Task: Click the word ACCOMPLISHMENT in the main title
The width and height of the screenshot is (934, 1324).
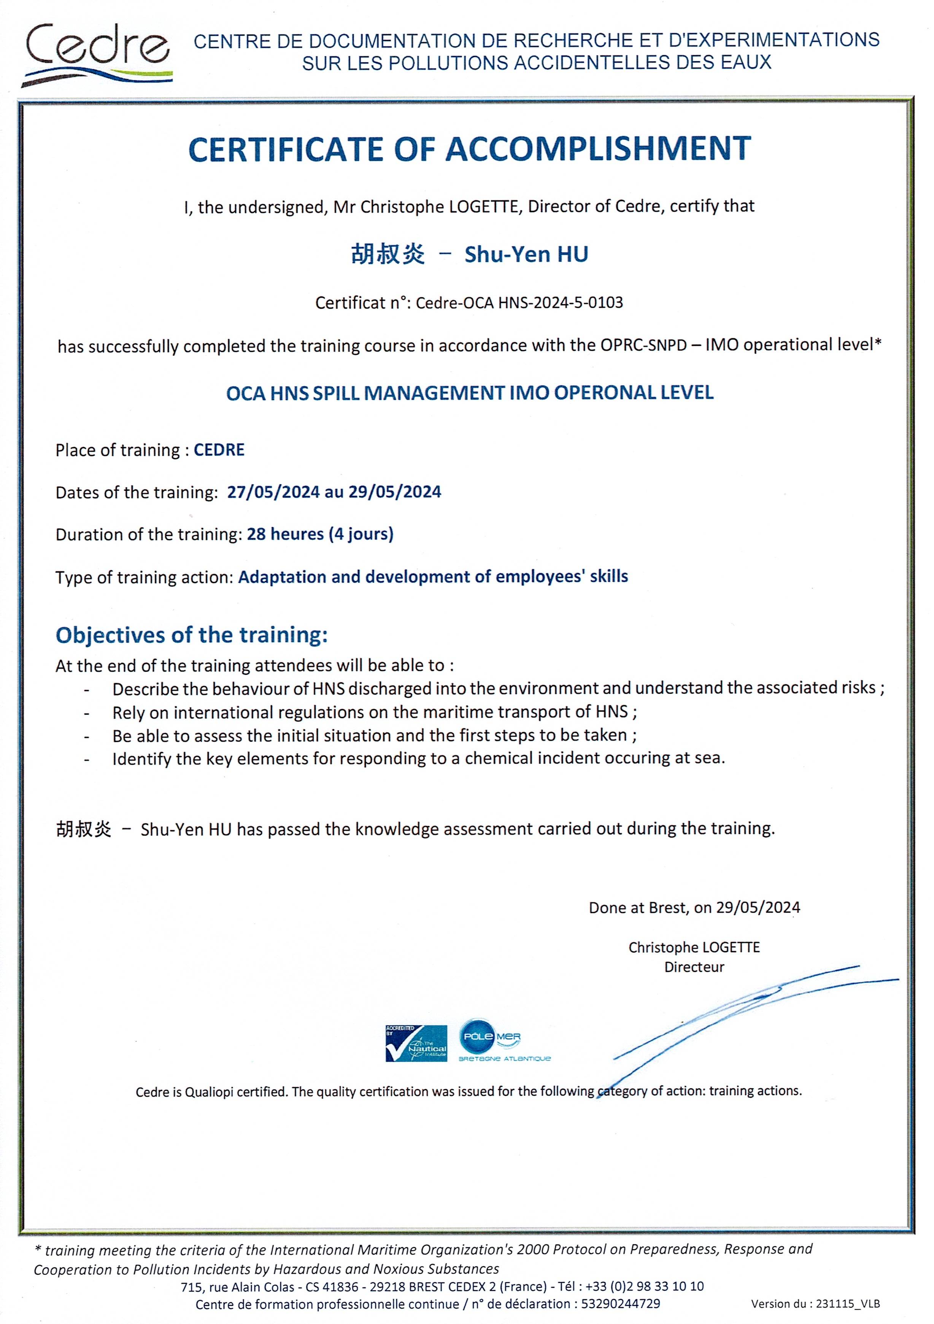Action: click(598, 149)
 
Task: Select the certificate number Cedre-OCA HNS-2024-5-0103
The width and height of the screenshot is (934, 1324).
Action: click(519, 303)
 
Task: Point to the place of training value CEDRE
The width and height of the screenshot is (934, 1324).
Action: click(219, 450)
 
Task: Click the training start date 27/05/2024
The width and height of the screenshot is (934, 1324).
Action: click(273, 492)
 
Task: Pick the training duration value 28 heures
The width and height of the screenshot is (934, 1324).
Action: click(285, 534)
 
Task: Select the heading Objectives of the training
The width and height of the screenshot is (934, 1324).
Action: click(192, 635)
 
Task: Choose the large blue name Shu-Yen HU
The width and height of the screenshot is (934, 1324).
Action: click(526, 254)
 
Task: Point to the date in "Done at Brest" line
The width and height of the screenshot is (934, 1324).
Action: click(758, 908)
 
